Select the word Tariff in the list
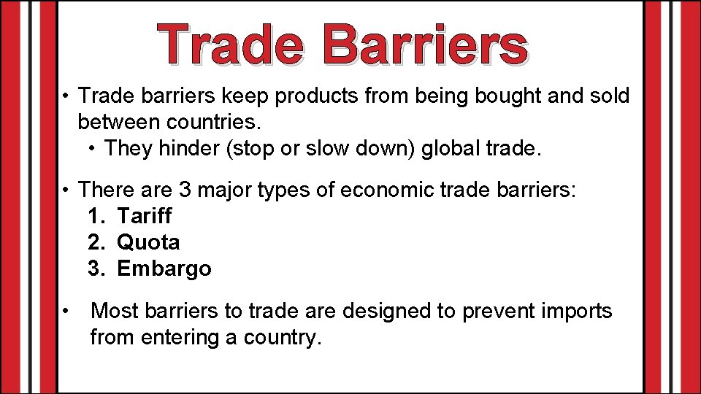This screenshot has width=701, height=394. coord(145,216)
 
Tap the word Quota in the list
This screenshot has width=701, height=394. coord(148,242)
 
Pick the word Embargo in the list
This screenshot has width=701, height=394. coord(164,269)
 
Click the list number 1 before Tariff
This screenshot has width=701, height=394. coord(96,216)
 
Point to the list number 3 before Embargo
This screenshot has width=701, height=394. coord(96,269)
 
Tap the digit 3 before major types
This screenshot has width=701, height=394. coord(184,190)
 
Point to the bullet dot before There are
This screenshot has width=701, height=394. coord(66,190)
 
